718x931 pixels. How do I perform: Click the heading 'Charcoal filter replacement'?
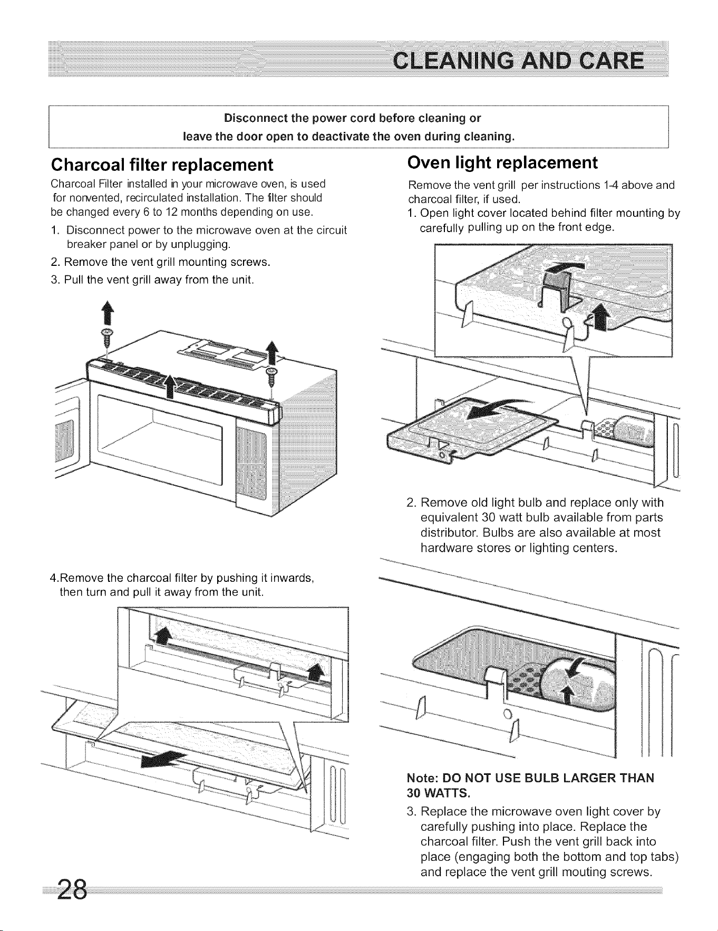(x=162, y=165)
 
